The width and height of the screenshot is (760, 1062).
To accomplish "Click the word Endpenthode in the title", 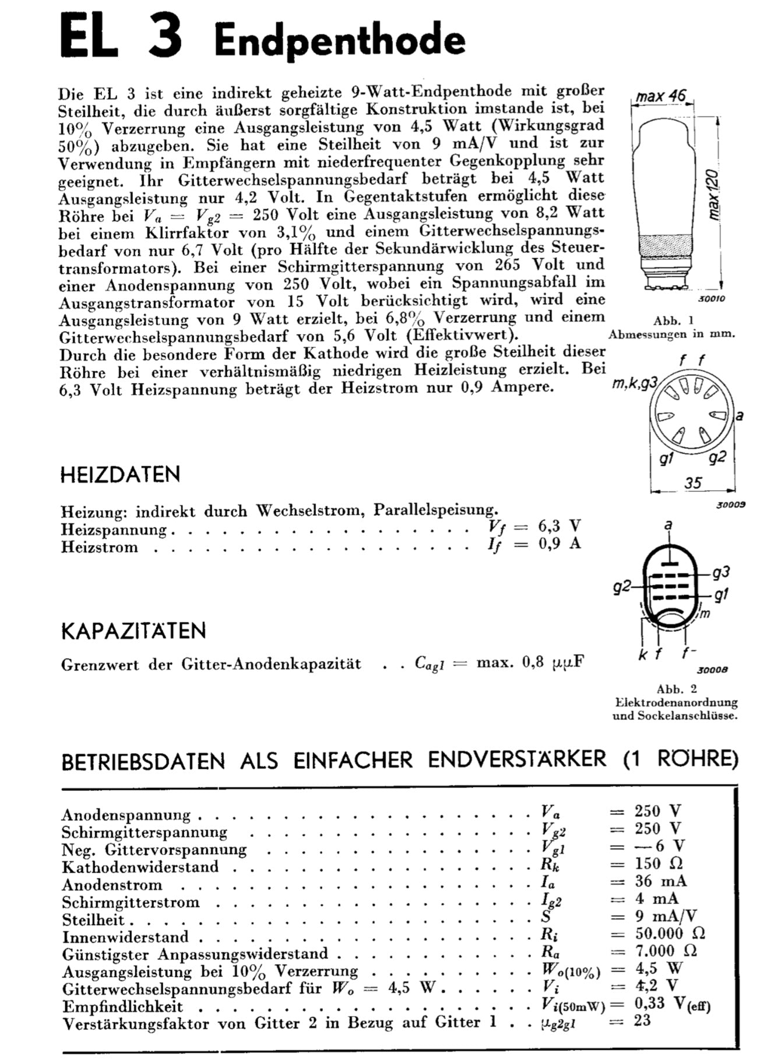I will pos(339,41).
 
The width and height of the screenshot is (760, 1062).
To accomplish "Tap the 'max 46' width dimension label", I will pos(661,96).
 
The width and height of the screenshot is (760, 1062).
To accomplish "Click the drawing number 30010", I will pos(711,299).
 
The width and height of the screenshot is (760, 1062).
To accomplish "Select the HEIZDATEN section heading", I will pos(121,474).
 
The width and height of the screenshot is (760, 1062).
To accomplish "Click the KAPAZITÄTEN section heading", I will pos(133,631).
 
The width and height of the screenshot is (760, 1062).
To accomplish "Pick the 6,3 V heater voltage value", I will pos(559,526).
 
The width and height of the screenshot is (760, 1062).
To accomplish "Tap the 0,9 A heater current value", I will pos(559,544).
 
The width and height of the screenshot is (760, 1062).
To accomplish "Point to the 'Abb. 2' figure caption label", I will pos(676,688).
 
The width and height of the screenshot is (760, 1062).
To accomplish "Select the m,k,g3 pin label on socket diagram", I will pos(635,384).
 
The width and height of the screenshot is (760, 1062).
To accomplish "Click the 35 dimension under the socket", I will pos(693,483).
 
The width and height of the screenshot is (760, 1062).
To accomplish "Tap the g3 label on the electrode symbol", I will pos(721,572).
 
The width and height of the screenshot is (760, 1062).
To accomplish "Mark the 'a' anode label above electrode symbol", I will pos(668,525).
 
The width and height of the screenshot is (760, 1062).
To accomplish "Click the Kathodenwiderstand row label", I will pos(140,867).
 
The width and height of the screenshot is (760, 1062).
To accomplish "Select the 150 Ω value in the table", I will pos(659,863).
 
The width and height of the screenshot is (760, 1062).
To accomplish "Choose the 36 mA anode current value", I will pos(660,881).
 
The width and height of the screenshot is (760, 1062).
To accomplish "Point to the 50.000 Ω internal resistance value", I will pos(670,933).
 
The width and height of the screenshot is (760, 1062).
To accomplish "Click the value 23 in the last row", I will pos(642,1021).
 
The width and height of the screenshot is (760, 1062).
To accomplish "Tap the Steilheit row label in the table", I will pos(93,920).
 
